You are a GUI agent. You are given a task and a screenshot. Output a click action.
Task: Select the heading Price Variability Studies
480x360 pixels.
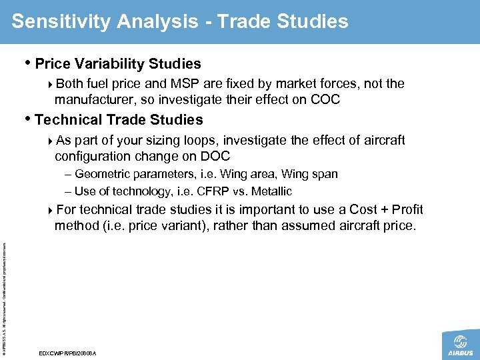(117, 64)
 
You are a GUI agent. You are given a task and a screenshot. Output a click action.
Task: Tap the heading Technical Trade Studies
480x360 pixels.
(119, 120)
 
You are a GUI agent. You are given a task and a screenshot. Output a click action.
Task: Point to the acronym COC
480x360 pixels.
(326, 100)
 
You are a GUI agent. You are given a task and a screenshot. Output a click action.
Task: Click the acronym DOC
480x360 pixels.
(215, 156)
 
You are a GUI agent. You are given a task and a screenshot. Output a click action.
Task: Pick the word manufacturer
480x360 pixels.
(90, 100)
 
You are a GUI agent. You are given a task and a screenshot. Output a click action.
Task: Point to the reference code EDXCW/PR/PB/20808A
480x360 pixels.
(68, 353)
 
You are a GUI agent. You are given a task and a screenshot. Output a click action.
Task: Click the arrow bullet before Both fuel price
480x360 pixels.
(52, 84)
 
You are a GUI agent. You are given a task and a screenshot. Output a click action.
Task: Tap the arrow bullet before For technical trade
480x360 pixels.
(52, 211)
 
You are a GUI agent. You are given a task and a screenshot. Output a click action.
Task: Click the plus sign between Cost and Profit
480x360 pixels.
(380, 210)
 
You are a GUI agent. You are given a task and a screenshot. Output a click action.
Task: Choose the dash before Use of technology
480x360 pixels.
(69, 192)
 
